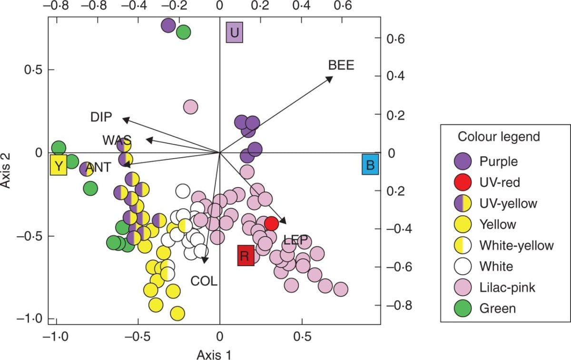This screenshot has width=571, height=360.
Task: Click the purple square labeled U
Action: click(x=234, y=32)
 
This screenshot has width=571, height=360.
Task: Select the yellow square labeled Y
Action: click(x=58, y=166)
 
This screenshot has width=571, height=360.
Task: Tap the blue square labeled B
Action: click(x=370, y=165)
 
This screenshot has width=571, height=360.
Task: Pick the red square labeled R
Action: click(x=246, y=256)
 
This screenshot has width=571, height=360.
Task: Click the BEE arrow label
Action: click(x=341, y=65)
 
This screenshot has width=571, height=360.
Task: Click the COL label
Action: click(x=204, y=281)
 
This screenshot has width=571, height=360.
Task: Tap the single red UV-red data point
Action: click(x=271, y=223)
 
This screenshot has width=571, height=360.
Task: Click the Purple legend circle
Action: click(x=461, y=161)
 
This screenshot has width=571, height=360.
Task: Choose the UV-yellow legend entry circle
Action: click(x=461, y=203)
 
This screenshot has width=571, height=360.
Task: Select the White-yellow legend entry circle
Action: click(x=461, y=245)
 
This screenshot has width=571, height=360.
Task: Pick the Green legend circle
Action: click(x=461, y=309)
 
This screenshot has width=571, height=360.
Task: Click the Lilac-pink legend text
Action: click(x=507, y=287)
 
